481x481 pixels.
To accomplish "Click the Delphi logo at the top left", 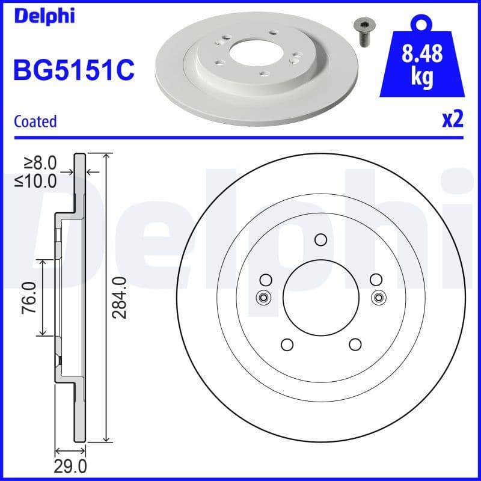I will (x=43, y=16).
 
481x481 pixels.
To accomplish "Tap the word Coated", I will (x=35, y=121).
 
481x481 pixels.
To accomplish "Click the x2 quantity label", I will (x=452, y=120).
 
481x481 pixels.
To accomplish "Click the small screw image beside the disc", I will (x=361, y=32).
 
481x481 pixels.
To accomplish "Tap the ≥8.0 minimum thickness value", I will (x=40, y=162).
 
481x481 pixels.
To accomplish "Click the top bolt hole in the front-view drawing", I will (x=320, y=239).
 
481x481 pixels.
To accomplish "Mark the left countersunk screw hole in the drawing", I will (x=263, y=296).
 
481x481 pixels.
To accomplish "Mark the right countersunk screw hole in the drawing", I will (x=378, y=296).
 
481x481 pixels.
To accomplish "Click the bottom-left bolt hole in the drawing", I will (x=286, y=345).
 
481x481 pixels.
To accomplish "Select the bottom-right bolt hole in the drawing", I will (x=355, y=345).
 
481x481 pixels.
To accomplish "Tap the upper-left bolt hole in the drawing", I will (x=265, y=280).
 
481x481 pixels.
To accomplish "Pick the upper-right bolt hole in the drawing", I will (x=376, y=280).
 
